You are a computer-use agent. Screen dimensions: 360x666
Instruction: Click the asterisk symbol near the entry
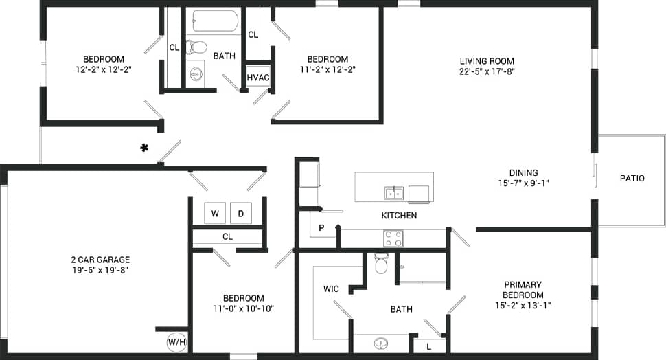[x=145, y=147]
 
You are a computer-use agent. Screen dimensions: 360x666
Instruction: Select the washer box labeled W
[x=215, y=214]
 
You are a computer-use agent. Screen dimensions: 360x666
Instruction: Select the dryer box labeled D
[x=240, y=214]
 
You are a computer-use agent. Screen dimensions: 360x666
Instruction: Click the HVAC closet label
[x=258, y=77]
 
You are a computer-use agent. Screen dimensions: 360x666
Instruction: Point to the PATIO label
[x=632, y=178]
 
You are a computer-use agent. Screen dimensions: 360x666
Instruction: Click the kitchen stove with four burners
[x=393, y=238]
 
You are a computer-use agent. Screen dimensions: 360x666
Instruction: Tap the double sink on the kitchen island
[x=394, y=192]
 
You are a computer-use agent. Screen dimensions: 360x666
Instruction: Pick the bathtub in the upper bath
[x=215, y=21]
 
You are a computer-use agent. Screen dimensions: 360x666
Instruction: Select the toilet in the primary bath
[x=381, y=264]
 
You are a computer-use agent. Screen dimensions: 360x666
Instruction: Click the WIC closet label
[x=331, y=289]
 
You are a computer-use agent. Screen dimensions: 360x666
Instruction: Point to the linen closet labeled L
[x=429, y=346]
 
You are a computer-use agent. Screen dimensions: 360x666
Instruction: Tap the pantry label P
[x=321, y=227]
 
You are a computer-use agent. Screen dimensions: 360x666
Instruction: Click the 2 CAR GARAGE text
[x=100, y=260]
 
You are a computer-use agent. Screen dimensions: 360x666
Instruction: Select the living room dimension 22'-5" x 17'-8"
[x=487, y=71]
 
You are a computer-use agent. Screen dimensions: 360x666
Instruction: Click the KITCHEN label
[x=399, y=215]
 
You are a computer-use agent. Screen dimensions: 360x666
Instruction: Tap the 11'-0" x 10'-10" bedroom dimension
[x=244, y=308]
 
